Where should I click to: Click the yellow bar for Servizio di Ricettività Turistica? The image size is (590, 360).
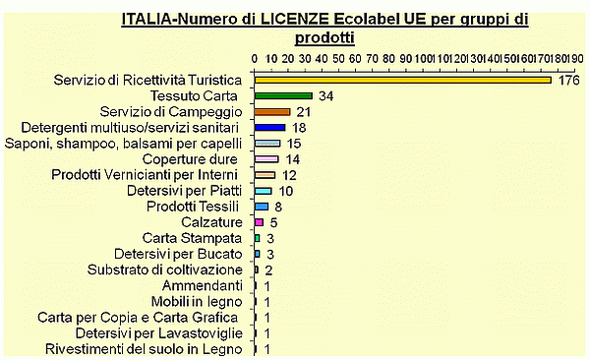click(403, 80)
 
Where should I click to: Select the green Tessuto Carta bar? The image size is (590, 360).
click(283, 95)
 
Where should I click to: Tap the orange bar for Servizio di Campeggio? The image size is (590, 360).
click(272, 112)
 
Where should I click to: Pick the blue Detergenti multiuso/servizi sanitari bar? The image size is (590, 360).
click(269, 128)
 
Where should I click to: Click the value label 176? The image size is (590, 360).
click(569, 81)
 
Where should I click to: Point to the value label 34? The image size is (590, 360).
click(327, 96)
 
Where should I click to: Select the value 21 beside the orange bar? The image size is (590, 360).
click(304, 112)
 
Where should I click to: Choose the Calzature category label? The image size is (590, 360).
click(210, 221)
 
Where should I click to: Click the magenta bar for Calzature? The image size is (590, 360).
click(259, 222)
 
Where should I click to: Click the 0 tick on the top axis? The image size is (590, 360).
click(255, 58)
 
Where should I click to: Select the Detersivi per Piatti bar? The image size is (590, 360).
click(263, 191)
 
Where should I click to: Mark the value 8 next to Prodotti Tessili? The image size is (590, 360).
click(278, 207)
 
